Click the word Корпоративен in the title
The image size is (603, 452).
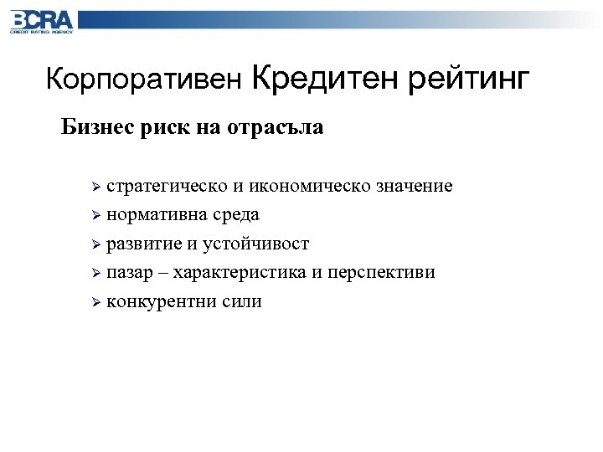point(143,80)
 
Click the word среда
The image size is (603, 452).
point(235,215)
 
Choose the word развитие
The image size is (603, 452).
point(142,244)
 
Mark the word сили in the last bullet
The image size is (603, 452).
point(242,302)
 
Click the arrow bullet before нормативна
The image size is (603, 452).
point(96,216)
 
